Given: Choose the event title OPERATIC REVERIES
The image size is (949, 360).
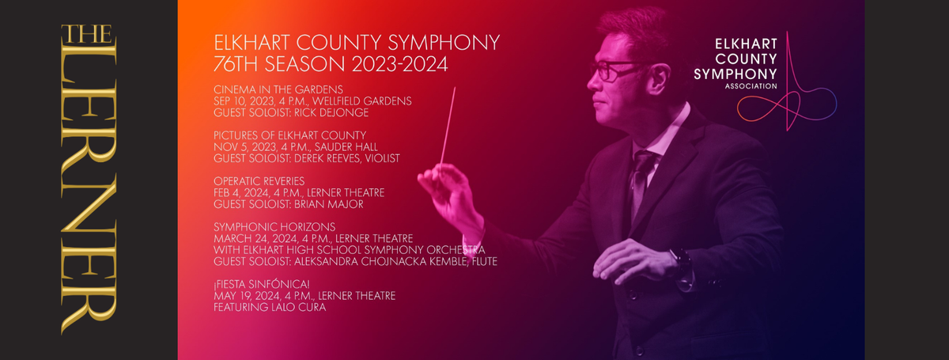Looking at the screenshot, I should click(259, 180).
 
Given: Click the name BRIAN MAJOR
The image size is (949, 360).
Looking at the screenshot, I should click(334, 204).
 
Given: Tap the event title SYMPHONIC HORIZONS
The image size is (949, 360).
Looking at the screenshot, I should click(263, 226).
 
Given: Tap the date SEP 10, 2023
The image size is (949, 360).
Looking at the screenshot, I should click(242, 100).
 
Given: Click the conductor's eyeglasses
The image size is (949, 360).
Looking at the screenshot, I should click(613, 70).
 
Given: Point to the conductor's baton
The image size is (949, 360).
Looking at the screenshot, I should click(448, 127).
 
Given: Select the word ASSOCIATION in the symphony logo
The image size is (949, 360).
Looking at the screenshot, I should click(758, 87).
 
